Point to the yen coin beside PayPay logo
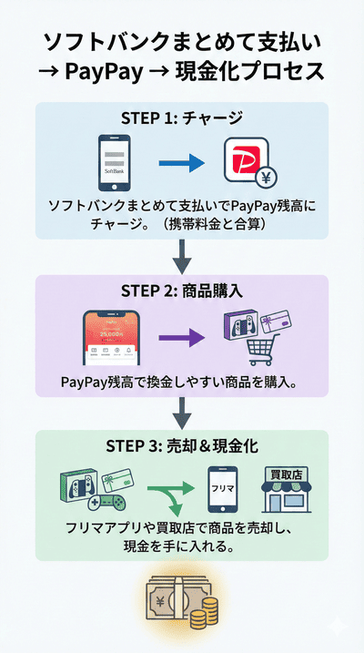coord(242,179)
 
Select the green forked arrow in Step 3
coord(173,496)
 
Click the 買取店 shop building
coord(287,491)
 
